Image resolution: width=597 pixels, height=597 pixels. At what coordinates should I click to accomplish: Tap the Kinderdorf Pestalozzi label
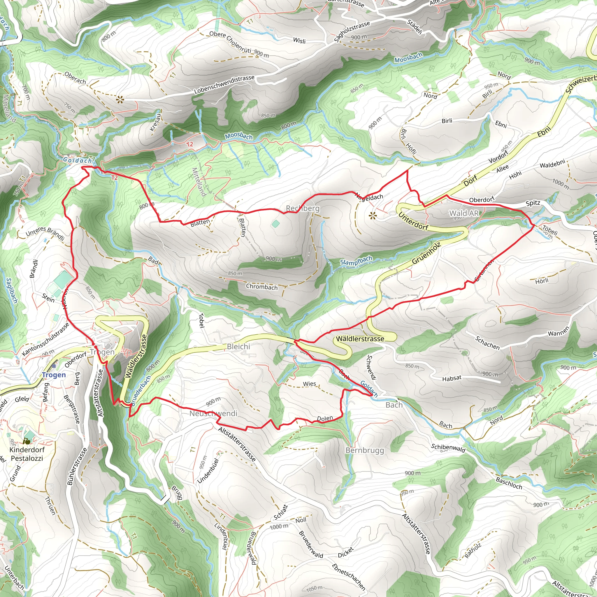[x=27, y=454]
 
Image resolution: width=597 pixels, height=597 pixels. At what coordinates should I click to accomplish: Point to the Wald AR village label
[x=464, y=213]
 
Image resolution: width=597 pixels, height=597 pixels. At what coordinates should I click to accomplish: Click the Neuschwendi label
[x=213, y=413]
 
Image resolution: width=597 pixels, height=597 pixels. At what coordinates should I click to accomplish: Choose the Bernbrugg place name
[x=365, y=451]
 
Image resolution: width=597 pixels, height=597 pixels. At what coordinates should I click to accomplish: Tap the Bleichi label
[x=238, y=347]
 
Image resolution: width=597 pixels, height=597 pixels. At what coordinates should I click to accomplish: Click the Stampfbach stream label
[x=356, y=261]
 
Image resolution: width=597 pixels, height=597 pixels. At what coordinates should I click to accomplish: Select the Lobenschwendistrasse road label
[x=224, y=84]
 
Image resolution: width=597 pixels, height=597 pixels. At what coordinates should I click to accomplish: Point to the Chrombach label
[x=262, y=287]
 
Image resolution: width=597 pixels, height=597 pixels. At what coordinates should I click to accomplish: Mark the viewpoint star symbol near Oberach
[x=120, y=99]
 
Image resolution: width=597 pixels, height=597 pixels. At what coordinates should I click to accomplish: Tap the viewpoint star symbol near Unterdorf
[x=373, y=216]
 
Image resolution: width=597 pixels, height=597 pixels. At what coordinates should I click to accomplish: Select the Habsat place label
[x=452, y=378]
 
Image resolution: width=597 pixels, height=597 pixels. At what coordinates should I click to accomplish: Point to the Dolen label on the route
[x=325, y=419]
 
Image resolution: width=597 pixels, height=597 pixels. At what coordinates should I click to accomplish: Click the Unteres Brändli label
[x=45, y=233]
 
